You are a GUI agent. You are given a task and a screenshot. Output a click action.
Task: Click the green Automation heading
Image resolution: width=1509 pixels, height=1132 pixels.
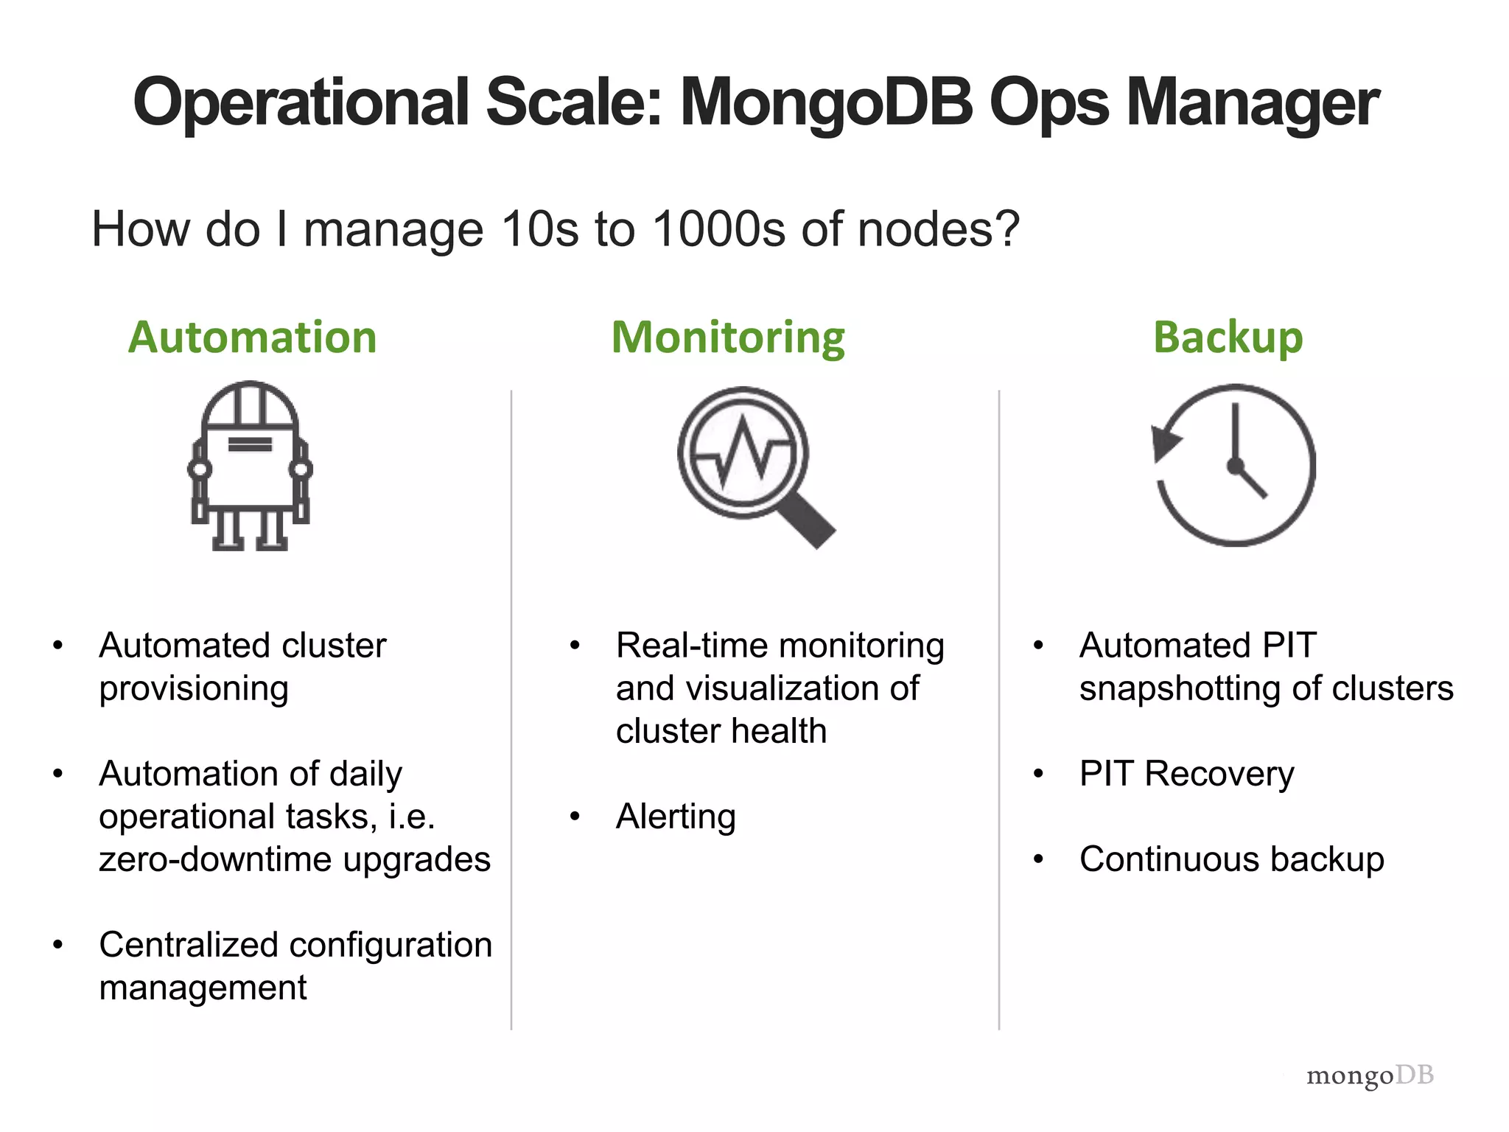252,338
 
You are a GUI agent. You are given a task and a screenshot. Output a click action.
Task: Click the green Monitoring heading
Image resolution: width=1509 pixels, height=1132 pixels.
728,338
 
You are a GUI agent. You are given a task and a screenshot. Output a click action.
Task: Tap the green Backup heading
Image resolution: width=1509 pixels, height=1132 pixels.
1228,338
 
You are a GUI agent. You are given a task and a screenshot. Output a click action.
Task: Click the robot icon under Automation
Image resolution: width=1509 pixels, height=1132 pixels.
251,466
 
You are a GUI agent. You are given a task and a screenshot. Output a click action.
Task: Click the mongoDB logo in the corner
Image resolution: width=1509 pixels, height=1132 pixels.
1369,1075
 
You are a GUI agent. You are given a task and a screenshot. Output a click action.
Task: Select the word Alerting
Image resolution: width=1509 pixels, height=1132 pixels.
676,817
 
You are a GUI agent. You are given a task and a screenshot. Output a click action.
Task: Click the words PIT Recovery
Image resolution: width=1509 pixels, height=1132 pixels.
1186,774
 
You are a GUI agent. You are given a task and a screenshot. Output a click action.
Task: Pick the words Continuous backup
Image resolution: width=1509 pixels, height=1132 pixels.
1231,859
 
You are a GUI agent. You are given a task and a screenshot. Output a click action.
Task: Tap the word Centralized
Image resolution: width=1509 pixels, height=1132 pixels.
186,945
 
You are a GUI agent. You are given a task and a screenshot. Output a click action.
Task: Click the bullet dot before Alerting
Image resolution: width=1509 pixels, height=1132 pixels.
575,817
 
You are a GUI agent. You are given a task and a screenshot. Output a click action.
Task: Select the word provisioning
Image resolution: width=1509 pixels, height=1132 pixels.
194,688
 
